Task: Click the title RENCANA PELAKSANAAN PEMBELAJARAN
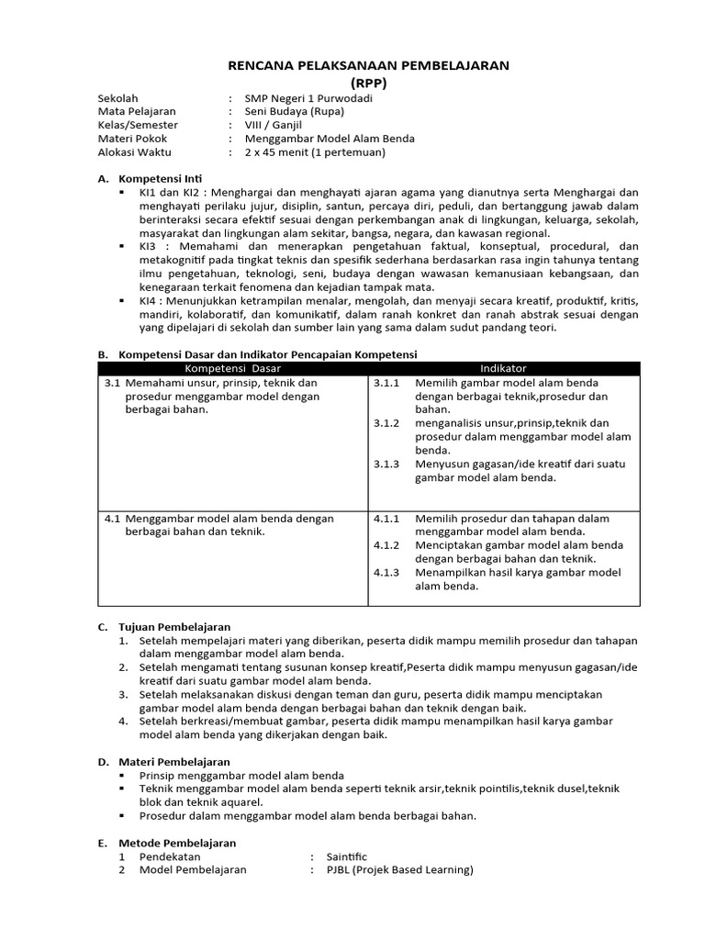[x=367, y=65]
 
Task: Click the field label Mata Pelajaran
[x=137, y=111]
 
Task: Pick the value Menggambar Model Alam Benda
[x=330, y=139]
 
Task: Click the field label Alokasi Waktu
[x=134, y=152]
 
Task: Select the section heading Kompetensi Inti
[x=161, y=178]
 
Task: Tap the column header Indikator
[x=503, y=368]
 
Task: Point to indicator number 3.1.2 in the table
[x=386, y=423]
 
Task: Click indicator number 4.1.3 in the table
[x=386, y=573]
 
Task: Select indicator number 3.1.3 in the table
[x=386, y=464]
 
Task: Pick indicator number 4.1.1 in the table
[x=386, y=519]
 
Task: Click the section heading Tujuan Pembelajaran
[x=174, y=627]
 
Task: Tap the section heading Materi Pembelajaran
[x=174, y=762]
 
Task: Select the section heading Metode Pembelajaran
[x=177, y=843]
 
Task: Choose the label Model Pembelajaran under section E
[x=193, y=870]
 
